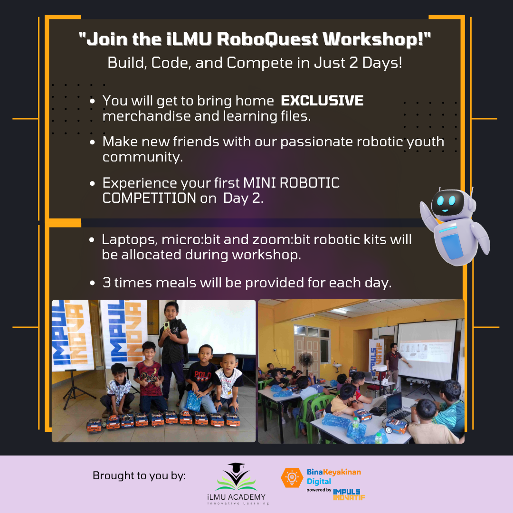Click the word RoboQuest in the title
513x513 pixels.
[x=267, y=39]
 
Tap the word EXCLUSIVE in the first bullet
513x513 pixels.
[x=322, y=101]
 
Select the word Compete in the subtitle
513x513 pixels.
[x=259, y=63]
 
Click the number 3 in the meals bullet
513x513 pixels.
[x=107, y=283]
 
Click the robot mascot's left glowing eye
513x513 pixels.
[x=440, y=200]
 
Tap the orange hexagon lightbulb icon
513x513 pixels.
[x=292, y=478]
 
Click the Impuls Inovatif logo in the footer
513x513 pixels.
[x=349, y=494]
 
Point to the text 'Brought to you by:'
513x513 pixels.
[x=139, y=475]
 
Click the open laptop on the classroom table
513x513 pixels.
[x=395, y=405]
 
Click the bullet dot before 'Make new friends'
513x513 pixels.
[x=92, y=142]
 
